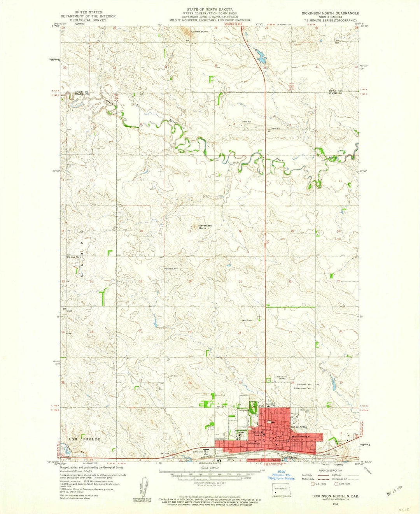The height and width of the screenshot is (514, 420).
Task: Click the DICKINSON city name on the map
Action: (x=299, y=427)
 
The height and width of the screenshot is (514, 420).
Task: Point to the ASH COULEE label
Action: (x=84, y=439)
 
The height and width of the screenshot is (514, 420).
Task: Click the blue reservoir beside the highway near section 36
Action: (x=260, y=56)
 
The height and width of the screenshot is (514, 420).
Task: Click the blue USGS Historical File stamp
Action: (x=283, y=477)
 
